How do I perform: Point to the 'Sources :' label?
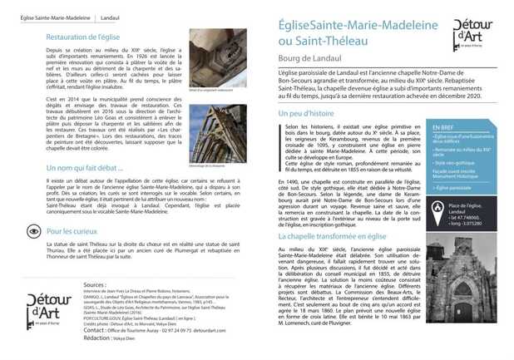[95, 284]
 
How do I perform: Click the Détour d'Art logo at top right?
[472, 32]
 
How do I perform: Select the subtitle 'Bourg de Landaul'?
[309, 57]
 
